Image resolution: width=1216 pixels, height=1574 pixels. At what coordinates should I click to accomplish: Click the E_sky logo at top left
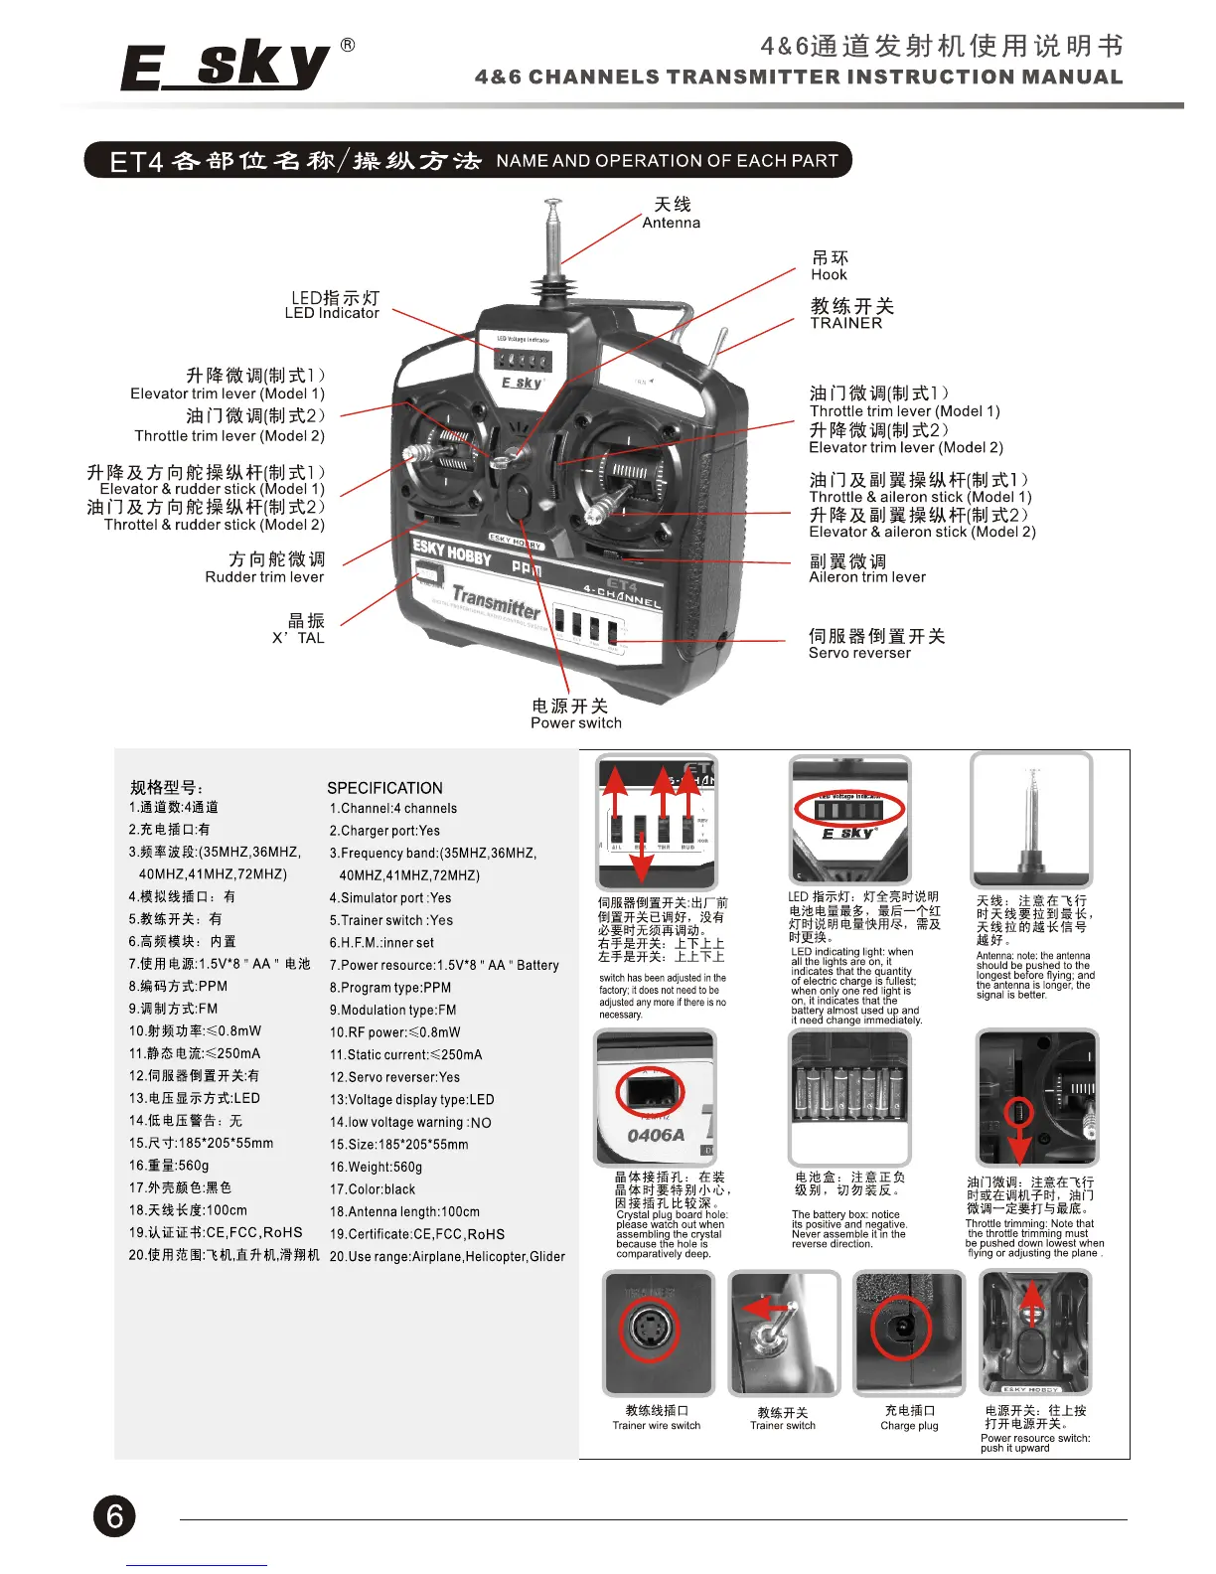click(x=227, y=67)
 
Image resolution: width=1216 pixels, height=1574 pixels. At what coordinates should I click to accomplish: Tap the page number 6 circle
click(x=114, y=1516)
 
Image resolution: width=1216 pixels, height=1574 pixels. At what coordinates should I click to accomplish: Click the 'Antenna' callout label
click(x=671, y=223)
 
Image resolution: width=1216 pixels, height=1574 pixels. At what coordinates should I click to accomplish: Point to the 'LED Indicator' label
click(x=332, y=313)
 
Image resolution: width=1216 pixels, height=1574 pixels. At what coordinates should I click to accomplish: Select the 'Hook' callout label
click(x=829, y=275)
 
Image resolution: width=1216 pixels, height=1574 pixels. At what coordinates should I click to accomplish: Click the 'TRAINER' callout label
click(x=845, y=323)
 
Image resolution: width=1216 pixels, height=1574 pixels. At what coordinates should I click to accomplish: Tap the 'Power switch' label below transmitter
click(x=575, y=723)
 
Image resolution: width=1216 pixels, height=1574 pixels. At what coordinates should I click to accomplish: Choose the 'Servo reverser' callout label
click(x=859, y=653)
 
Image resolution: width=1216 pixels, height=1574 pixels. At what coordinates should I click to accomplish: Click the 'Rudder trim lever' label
click(x=264, y=577)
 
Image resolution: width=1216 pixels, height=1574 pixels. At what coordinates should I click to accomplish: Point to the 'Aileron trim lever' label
click(x=867, y=577)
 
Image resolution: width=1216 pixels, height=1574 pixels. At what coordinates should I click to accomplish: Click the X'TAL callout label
click(x=298, y=638)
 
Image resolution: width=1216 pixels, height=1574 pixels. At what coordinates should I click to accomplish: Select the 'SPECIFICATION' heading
click(x=384, y=787)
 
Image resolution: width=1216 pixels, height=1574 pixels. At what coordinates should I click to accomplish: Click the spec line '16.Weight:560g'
click(x=376, y=1167)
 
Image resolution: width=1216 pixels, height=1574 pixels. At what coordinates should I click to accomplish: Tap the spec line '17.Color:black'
click(x=373, y=1189)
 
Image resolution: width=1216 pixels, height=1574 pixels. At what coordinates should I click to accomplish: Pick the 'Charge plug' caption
click(x=909, y=1426)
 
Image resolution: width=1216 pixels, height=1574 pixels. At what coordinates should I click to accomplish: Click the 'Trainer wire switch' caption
click(x=656, y=1426)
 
